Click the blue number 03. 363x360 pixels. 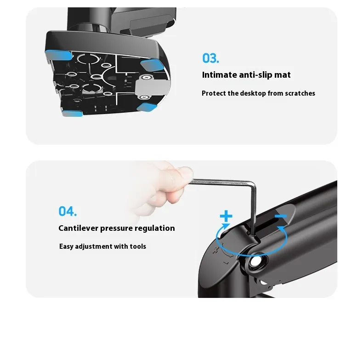pos(210,58)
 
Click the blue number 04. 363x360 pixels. pos(68,211)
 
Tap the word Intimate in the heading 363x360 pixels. pos(220,75)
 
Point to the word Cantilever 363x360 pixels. pos(78,228)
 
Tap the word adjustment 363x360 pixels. pos(93,246)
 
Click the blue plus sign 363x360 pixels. pos(226,217)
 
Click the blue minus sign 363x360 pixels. pos(281,216)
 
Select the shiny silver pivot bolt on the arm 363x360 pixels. pos(255,262)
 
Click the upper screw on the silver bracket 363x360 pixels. pos(146,78)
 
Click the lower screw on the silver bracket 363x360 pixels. pos(144,97)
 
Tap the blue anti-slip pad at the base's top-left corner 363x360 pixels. pos(58,55)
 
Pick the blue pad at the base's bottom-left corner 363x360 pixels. pos(72,113)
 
